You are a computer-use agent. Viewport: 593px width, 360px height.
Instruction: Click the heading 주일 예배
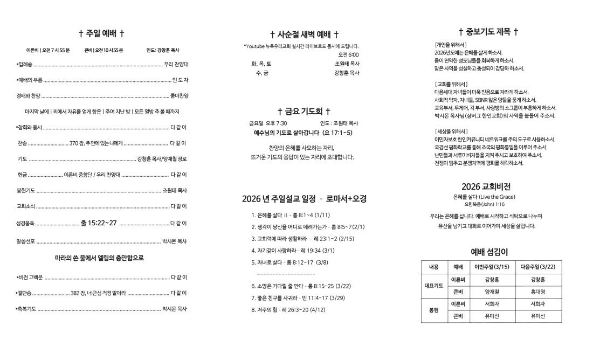(x=101, y=33)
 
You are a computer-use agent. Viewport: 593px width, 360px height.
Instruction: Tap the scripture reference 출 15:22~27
(x=98, y=223)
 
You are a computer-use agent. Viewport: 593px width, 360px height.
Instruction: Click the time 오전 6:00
(x=348, y=54)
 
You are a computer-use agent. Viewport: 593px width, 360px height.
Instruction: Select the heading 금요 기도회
(x=304, y=112)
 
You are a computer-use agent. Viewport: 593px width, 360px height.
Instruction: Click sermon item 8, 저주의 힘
(x=288, y=310)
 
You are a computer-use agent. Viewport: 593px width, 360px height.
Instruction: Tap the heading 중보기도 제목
(x=488, y=32)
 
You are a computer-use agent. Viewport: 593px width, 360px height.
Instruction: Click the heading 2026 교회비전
(x=486, y=186)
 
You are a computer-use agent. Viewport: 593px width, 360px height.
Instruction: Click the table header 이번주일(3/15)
(x=491, y=267)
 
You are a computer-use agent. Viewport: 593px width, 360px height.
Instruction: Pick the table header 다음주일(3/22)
(x=537, y=267)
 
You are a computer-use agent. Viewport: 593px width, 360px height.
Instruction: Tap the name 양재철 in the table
(x=492, y=292)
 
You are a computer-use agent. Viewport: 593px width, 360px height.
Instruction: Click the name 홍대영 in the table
(x=537, y=292)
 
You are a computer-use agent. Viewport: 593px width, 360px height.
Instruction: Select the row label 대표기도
(x=435, y=286)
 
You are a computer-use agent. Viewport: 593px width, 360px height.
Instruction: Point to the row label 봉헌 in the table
(x=435, y=310)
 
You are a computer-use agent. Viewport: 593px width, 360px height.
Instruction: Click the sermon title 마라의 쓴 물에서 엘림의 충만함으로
(x=100, y=258)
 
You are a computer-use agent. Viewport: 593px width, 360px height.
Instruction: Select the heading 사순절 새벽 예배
(x=305, y=34)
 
